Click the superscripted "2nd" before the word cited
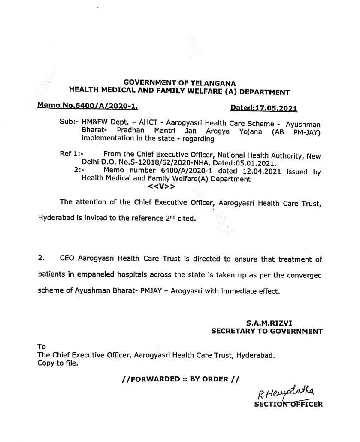171,217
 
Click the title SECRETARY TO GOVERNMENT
266,331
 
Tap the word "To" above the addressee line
42,347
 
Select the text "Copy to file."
58,363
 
